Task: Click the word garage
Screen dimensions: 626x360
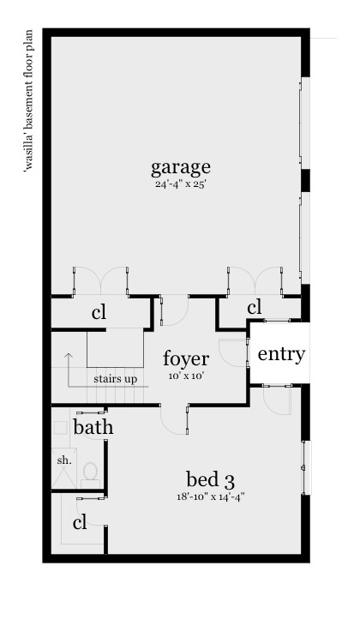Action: click(181, 166)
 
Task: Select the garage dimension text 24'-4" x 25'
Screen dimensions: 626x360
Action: click(181, 184)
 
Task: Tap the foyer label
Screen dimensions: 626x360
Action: click(186, 358)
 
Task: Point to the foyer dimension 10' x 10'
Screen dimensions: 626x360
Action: click(186, 376)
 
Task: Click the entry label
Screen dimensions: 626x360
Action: click(281, 353)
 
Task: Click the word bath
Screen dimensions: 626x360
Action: click(93, 427)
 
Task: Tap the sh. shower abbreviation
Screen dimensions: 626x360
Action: click(64, 460)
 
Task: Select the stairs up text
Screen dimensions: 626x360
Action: click(115, 378)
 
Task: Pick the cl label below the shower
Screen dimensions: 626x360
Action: click(81, 521)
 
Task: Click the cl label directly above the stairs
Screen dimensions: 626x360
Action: click(99, 313)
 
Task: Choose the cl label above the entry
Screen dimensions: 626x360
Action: click(254, 307)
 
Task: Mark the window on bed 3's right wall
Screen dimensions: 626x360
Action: click(304, 467)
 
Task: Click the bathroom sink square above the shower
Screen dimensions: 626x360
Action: click(61, 426)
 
